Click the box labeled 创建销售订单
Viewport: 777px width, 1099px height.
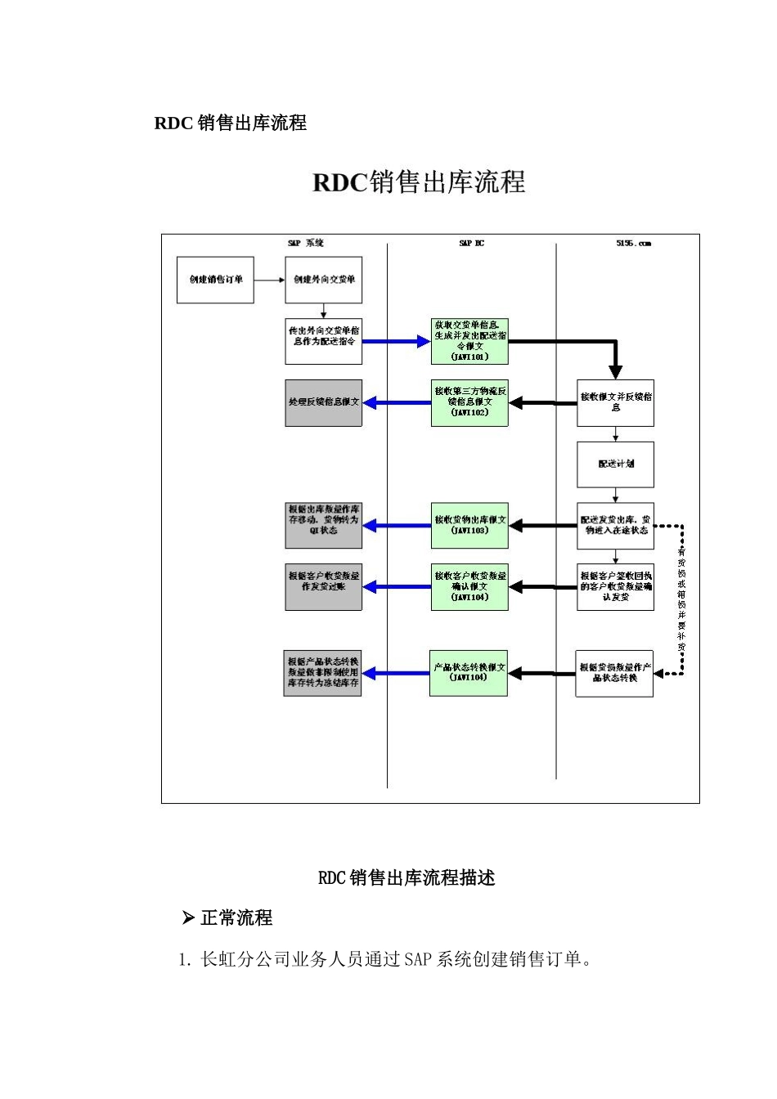click(215, 280)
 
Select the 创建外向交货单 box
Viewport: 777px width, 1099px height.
click(324, 280)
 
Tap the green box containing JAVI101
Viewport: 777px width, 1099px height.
click(469, 341)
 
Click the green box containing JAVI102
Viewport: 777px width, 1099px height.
click(469, 402)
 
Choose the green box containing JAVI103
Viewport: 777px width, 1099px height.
click(469, 525)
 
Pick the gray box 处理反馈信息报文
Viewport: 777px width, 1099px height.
click(324, 402)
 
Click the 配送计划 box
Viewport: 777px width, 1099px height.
click(615, 464)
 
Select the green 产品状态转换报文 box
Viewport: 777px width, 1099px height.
click(469, 673)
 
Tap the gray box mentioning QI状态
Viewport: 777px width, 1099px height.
click(324, 525)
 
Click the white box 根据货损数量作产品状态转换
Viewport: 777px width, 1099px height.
click(614, 673)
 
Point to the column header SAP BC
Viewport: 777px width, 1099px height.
click(471, 244)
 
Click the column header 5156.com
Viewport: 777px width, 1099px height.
click(633, 244)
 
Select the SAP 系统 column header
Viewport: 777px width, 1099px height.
click(306, 244)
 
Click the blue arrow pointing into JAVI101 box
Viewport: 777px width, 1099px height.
click(396, 341)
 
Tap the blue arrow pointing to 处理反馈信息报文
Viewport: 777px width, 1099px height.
click(397, 402)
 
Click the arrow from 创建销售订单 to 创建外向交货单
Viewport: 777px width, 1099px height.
click(269, 280)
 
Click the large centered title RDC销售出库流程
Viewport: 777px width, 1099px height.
click(419, 182)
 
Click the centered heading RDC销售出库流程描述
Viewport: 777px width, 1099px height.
click(406, 878)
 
